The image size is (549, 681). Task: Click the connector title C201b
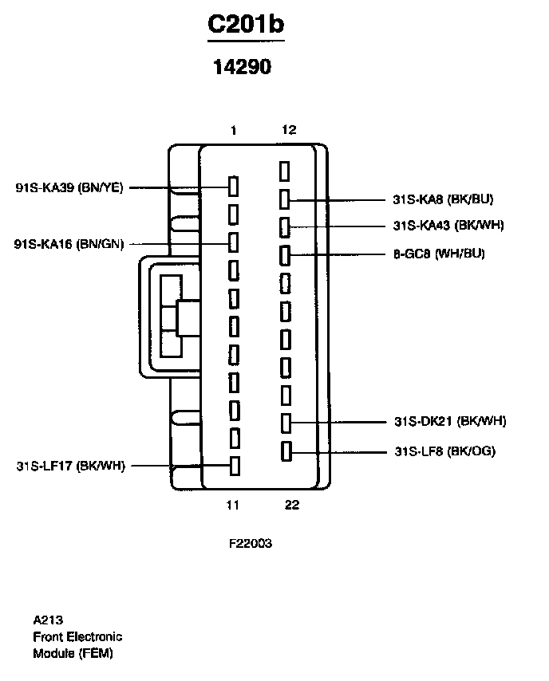coord(246,24)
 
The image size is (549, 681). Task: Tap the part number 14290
coord(243,67)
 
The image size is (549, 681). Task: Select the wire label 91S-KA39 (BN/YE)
coord(69,187)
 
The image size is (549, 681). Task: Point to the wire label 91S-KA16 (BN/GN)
coord(69,244)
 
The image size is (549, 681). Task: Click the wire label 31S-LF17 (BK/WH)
coord(71,466)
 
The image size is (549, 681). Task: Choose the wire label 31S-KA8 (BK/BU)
coord(444,199)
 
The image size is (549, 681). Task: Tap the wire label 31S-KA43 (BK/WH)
coord(448,226)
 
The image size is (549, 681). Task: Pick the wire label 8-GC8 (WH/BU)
coord(440,254)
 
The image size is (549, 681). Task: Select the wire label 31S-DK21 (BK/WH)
coord(450,421)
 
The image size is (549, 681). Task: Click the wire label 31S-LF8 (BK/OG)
coord(445,451)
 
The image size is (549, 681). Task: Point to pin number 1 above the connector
coord(234,130)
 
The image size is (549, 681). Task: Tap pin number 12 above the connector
coord(289,129)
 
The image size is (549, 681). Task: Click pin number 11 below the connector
coord(232,505)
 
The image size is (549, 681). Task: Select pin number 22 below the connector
coord(292,505)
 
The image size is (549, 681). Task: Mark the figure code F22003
coord(251,543)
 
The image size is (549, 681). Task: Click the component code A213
coord(48,620)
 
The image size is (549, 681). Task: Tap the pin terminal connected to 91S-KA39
coord(234,187)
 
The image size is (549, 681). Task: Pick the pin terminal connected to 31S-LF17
coord(235,466)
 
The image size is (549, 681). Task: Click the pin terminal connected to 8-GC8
coord(285,255)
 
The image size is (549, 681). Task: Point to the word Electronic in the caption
coord(95,636)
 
